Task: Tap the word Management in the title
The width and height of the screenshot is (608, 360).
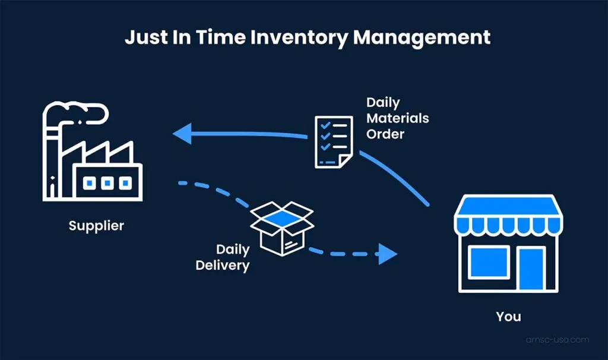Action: pos(422,37)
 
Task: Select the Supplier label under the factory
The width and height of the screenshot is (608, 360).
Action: pos(96,226)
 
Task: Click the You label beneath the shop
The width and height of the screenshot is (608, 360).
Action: pos(508,316)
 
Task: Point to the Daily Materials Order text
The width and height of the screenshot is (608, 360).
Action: pos(397,118)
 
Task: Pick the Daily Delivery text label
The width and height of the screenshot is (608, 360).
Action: pos(223,257)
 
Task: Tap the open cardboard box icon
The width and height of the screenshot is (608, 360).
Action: pos(282,226)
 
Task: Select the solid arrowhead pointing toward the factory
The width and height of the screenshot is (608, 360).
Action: pos(182,132)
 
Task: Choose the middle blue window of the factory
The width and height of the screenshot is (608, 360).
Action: pos(107,184)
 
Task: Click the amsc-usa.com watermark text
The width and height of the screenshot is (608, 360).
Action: pos(558,340)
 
